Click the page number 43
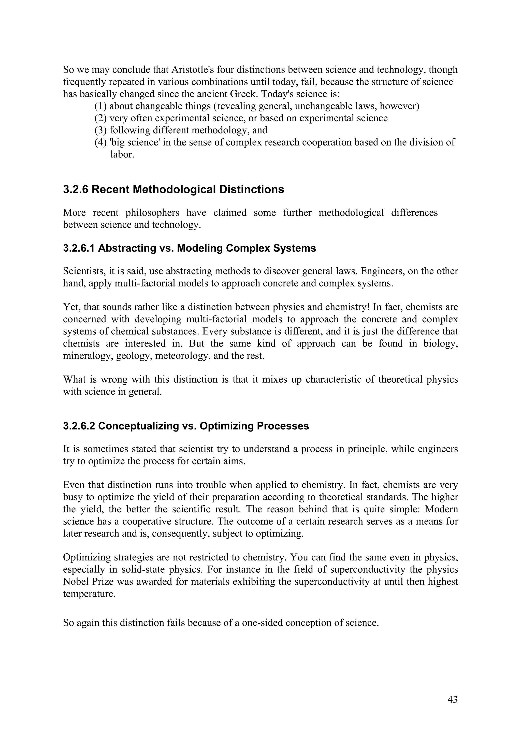[x=452, y=699]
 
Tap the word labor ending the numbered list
[x=122, y=154]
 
